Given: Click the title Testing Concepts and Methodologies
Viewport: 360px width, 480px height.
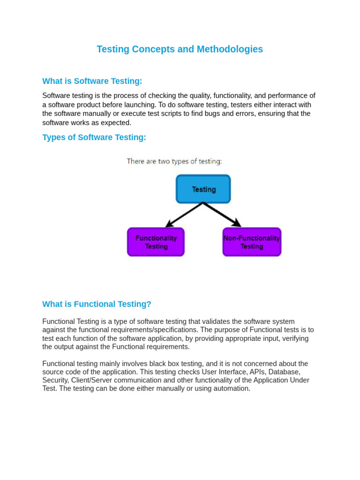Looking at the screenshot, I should coord(180,49).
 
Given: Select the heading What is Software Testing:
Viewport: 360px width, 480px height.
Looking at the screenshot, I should coord(92,81).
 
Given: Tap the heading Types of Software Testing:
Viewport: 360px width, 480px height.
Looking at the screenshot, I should coord(94,137).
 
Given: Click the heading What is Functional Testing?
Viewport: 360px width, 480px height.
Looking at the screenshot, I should coord(97,304).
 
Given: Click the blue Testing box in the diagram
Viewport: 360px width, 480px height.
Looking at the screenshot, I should coord(203,189).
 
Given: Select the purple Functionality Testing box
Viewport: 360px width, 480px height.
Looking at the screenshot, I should coord(156,242).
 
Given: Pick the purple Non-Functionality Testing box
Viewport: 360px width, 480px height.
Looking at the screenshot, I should coord(252,242).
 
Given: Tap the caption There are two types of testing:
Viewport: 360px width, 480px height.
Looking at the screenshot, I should coord(174,161).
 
